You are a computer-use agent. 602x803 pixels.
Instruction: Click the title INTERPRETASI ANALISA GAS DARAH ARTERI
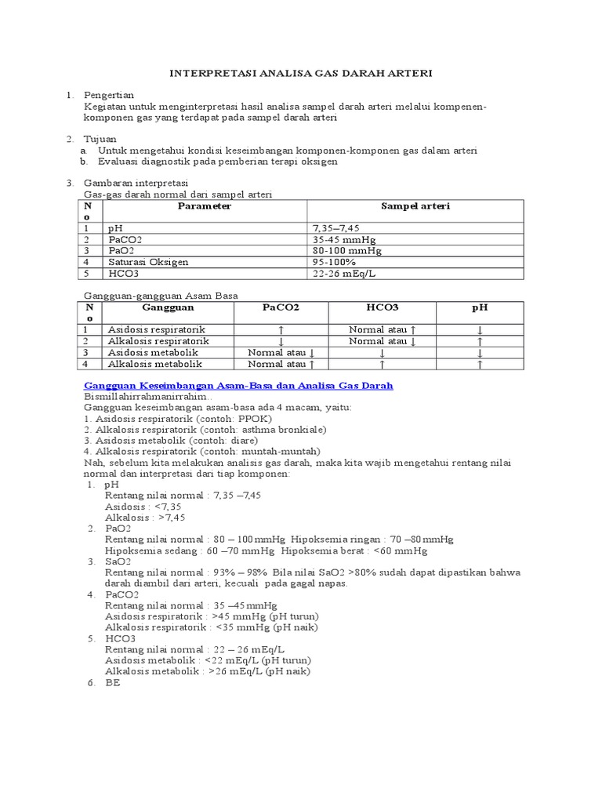pos(301,73)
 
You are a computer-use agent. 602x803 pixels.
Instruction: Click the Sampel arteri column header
pos(415,206)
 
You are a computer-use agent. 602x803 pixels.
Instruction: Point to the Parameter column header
pos(204,206)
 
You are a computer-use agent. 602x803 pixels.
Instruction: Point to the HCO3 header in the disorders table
pos(382,308)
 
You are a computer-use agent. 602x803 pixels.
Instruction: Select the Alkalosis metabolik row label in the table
pos(154,364)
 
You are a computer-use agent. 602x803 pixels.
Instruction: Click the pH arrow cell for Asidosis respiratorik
pos(479,331)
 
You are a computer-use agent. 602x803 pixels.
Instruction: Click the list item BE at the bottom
pos(111,682)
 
